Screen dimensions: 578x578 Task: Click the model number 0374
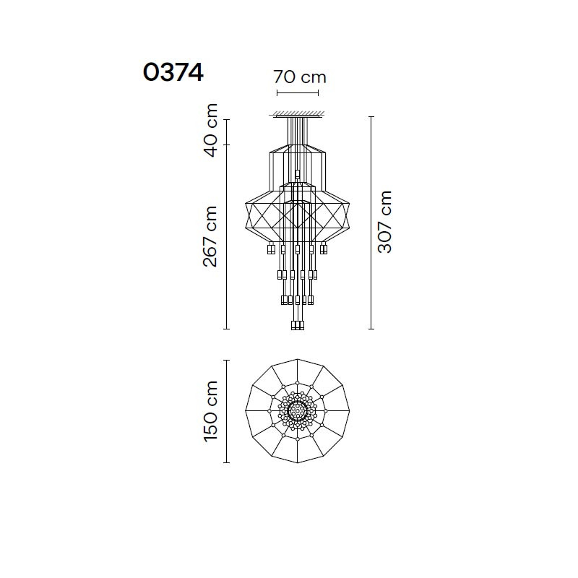pos(173,72)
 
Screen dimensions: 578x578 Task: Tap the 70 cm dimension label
pos(300,77)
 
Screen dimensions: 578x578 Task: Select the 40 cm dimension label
pos(210,130)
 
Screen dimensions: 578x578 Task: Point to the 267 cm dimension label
pos(210,236)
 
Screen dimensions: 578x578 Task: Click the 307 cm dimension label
pos(384,222)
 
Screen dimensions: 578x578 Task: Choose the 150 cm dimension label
pos(210,411)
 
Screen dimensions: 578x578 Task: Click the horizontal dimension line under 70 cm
pos(298,93)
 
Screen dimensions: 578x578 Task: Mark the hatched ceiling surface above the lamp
pos(298,113)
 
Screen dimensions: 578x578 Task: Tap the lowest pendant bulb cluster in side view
pos(298,326)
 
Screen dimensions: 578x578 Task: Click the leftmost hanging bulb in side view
pos(272,249)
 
